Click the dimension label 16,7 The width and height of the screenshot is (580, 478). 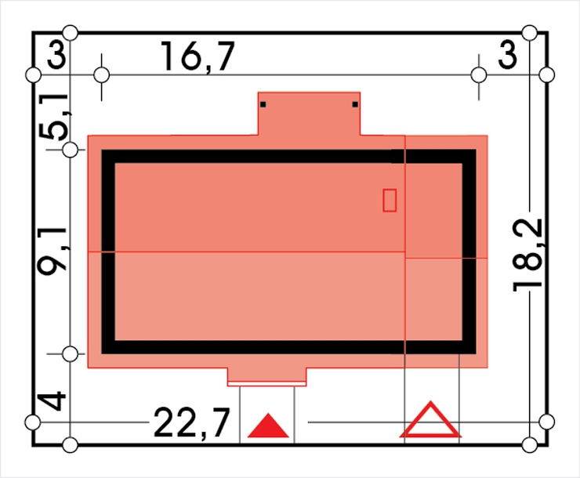click(x=198, y=56)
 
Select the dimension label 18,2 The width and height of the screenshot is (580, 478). click(x=527, y=255)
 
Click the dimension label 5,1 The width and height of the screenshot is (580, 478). click(x=54, y=117)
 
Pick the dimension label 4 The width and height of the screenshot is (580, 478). click(x=52, y=402)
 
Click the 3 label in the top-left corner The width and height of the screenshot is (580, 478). click(x=56, y=55)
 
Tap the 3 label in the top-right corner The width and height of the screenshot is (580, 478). click(x=507, y=55)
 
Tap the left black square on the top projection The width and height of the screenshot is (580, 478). click(x=263, y=105)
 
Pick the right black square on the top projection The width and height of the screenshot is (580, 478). click(x=355, y=105)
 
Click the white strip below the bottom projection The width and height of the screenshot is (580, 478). click(x=266, y=384)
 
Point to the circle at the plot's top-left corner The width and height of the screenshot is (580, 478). click(x=71, y=33)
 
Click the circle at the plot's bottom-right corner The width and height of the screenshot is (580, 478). click(x=530, y=445)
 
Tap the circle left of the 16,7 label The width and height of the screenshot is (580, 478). click(x=102, y=75)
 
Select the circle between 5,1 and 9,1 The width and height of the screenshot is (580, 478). click(x=71, y=150)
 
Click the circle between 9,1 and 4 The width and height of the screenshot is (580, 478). click(x=71, y=354)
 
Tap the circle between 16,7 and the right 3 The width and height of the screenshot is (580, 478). click(x=479, y=75)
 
